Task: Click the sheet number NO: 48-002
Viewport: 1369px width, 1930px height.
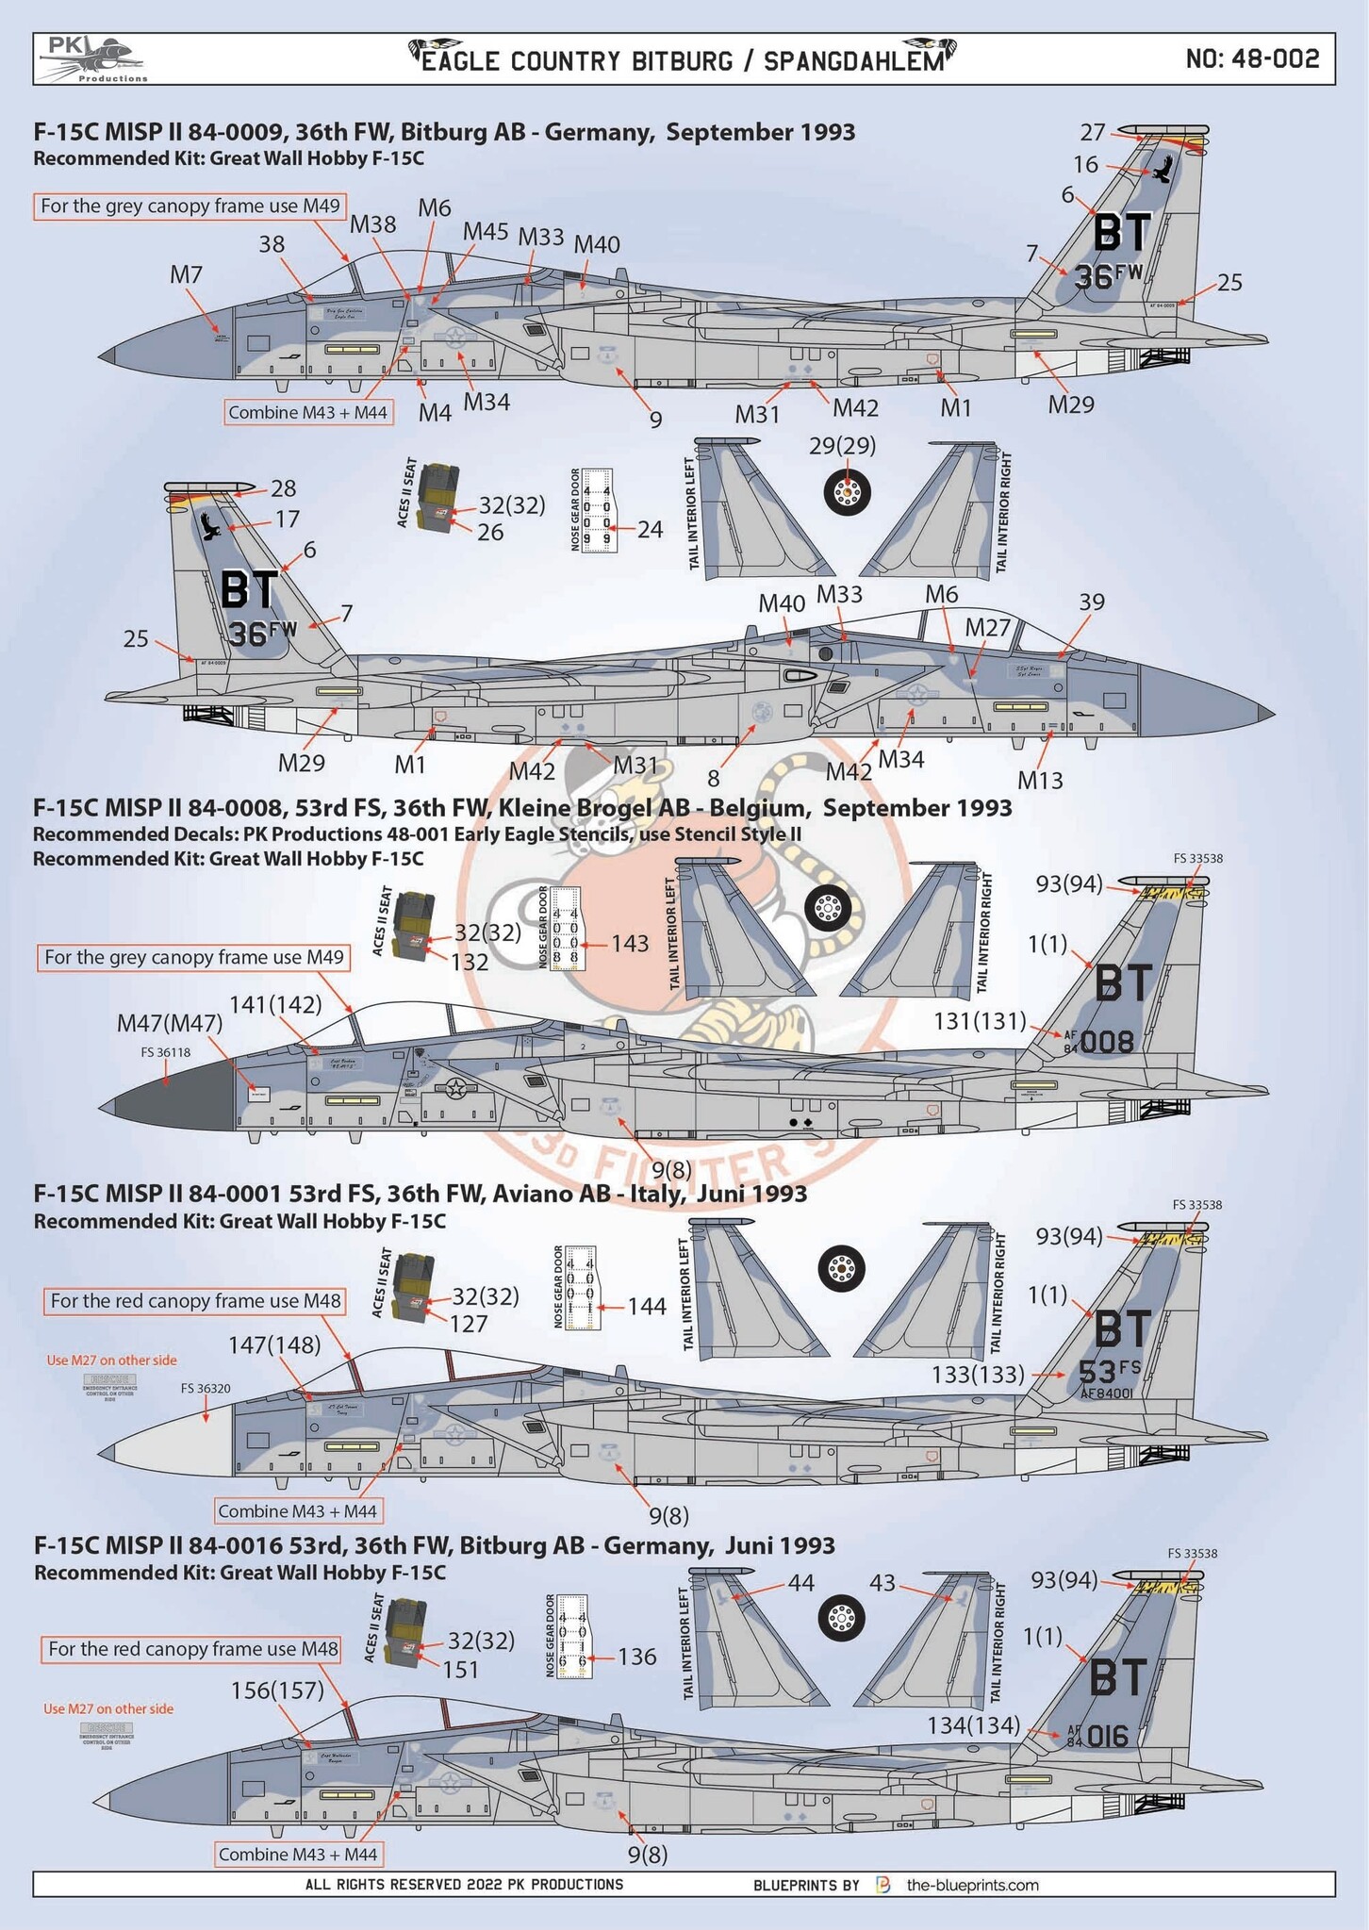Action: (x=1252, y=58)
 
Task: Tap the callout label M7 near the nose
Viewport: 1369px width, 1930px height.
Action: (x=186, y=274)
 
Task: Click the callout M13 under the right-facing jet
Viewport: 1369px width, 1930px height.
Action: (x=1040, y=780)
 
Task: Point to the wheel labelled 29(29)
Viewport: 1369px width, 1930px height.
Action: (x=847, y=491)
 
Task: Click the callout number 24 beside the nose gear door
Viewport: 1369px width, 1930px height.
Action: (x=650, y=529)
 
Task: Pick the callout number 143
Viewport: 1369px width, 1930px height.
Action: (x=630, y=943)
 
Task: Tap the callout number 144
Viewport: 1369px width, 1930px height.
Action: (x=647, y=1306)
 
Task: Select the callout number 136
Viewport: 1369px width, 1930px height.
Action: (x=637, y=1657)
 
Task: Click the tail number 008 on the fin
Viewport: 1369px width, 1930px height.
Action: (x=1107, y=1042)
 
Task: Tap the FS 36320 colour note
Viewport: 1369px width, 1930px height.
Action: (x=206, y=1388)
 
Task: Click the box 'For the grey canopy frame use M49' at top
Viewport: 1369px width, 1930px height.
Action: (x=190, y=206)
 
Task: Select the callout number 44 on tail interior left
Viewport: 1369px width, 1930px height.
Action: (x=800, y=1583)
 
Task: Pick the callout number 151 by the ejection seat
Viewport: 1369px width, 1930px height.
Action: (x=461, y=1669)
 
